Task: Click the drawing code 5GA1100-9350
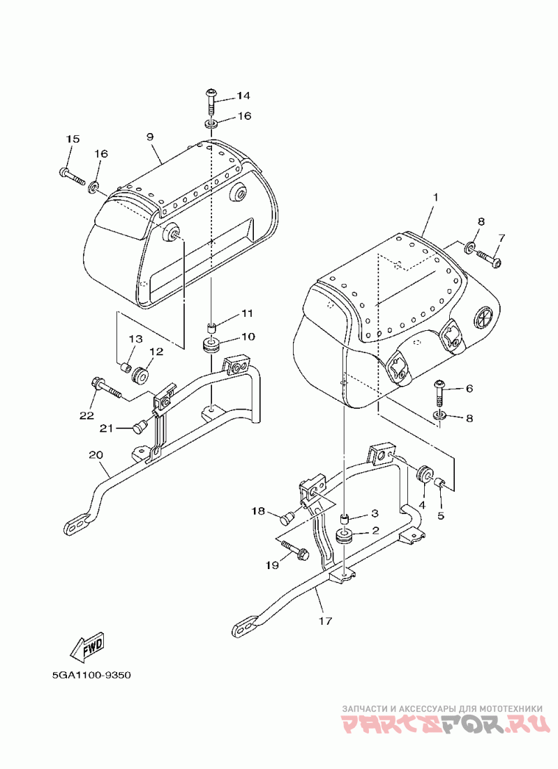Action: [x=92, y=675]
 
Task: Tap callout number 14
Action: [x=243, y=95]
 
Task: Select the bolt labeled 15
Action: [x=71, y=174]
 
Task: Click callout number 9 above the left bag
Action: [x=150, y=137]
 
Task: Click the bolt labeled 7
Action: [x=489, y=259]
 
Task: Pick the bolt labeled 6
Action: [x=439, y=389]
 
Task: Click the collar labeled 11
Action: [x=212, y=327]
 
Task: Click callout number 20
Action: [x=96, y=455]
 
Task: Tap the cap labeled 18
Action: [x=287, y=516]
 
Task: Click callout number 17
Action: [x=325, y=621]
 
